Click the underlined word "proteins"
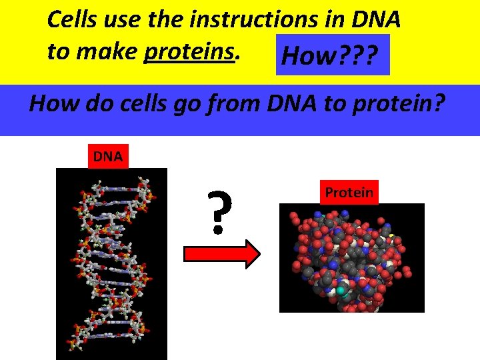pyautogui.click(x=191, y=51)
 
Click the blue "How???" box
pyautogui.click(x=333, y=57)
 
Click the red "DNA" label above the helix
pyautogui.click(x=107, y=157)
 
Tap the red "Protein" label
pyautogui.click(x=349, y=192)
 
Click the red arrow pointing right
pyautogui.click(x=221, y=254)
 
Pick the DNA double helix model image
pyautogui.click(x=111, y=263)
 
